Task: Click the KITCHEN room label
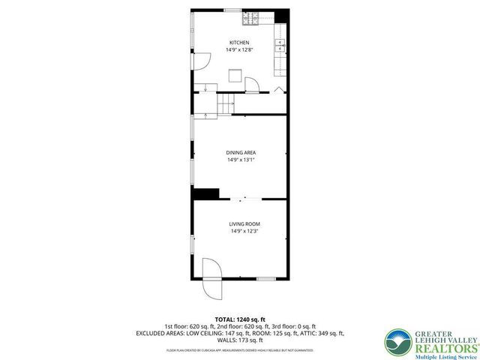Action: (x=239, y=43)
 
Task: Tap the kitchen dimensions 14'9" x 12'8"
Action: (x=239, y=50)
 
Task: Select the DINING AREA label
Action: (x=240, y=153)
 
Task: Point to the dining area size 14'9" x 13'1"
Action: (x=240, y=160)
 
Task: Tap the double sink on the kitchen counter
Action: (x=280, y=45)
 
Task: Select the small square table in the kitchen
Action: (x=235, y=74)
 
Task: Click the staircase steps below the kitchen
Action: (x=226, y=104)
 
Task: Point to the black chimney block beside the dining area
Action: (x=205, y=193)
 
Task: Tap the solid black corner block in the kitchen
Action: (x=282, y=15)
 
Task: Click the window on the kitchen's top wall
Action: (x=232, y=10)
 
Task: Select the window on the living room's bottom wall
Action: (x=265, y=279)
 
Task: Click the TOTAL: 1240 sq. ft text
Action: (x=240, y=319)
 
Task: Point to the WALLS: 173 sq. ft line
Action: (x=240, y=339)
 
